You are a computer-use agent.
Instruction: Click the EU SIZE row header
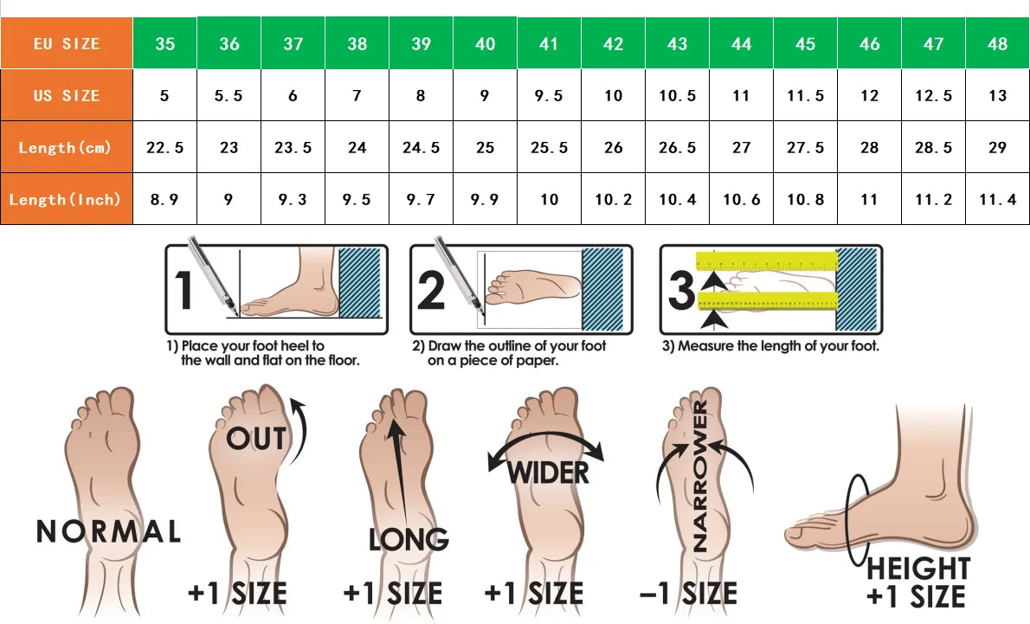(67, 43)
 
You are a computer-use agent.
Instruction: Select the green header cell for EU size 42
(613, 43)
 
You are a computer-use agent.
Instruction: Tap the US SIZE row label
(67, 95)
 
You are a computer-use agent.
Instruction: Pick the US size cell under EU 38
(357, 95)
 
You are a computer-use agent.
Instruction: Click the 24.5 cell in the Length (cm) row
(421, 147)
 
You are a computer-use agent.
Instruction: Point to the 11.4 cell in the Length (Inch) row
(997, 199)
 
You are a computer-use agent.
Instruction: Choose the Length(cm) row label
(67, 147)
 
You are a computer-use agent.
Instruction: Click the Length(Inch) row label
(67, 199)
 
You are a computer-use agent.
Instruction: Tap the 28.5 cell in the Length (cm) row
(933, 147)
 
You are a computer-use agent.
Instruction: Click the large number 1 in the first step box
(183, 290)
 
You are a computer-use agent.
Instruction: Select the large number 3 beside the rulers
(680, 290)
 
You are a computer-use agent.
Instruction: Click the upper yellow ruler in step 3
(767, 261)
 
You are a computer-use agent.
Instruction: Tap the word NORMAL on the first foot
(108, 531)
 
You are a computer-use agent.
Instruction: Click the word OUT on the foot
(257, 439)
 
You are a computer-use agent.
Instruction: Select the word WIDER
(548, 473)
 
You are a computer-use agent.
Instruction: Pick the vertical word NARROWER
(700, 476)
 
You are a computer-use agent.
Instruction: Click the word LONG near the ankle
(409, 540)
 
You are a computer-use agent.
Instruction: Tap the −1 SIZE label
(688, 593)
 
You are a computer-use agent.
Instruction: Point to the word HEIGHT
(918, 568)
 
